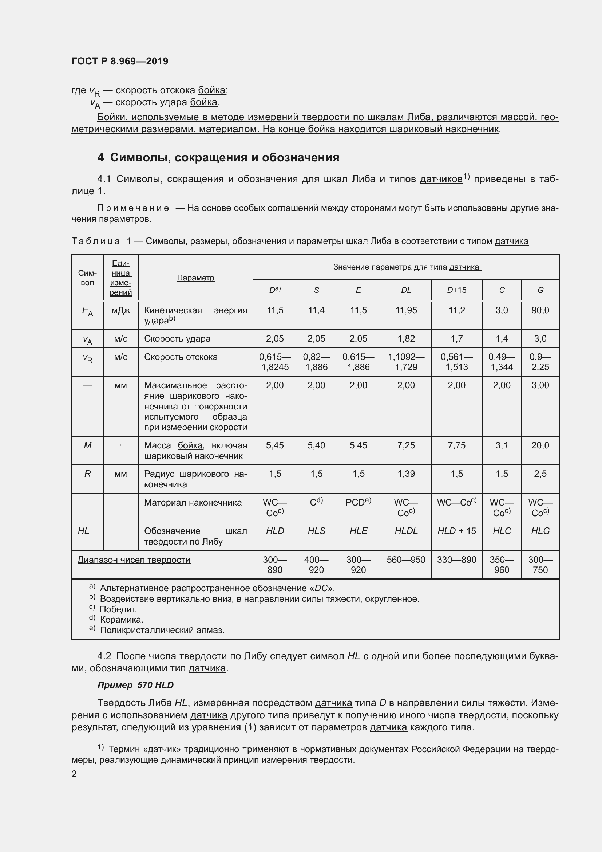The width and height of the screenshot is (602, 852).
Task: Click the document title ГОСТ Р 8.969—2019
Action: (120, 61)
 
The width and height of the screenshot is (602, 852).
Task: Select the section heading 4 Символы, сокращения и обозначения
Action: (218, 157)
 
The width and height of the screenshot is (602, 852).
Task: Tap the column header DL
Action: (406, 290)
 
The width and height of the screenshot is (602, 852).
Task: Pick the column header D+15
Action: (456, 290)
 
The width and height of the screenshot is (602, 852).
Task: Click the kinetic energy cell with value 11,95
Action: (406, 310)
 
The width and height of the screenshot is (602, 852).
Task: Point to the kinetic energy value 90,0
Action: (540, 310)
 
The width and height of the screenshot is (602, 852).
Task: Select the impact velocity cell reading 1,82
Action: (406, 338)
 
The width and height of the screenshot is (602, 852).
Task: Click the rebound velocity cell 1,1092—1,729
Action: (406, 362)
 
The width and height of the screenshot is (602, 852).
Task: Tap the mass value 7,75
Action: (456, 445)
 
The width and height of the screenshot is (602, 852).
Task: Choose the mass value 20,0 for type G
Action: (540, 445)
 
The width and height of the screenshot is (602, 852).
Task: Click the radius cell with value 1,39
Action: (406, 474)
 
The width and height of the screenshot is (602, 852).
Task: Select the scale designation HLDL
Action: (406, 531)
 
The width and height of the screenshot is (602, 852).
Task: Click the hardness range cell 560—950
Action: (406, 560)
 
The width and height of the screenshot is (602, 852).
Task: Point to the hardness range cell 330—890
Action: (456, 560)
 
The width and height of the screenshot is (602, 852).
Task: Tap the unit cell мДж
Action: (121, 310)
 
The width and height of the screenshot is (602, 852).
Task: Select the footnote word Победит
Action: (118, 609)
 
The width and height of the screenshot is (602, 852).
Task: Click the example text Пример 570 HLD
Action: (135, 685)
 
